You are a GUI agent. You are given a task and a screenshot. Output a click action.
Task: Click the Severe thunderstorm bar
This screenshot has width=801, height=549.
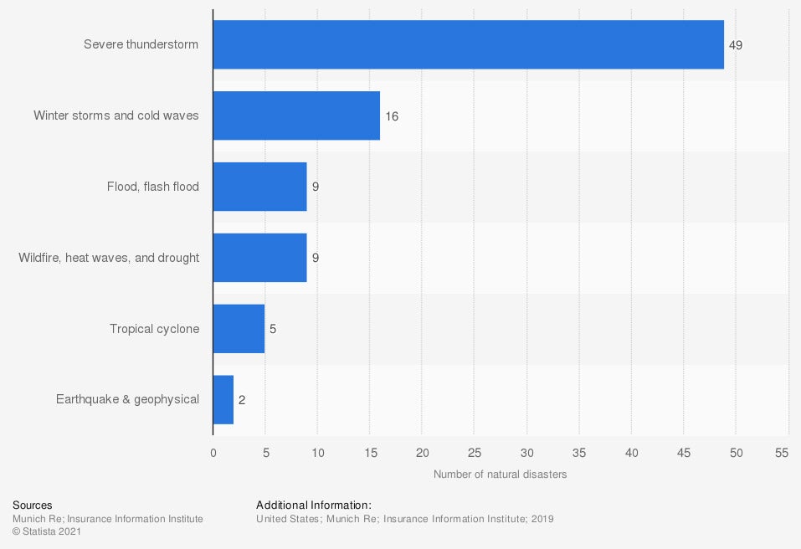click(468, 44)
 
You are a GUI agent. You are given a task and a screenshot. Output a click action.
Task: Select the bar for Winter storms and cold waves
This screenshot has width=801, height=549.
click(296, 115)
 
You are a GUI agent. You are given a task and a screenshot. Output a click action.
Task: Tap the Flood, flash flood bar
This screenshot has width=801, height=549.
click(259, 187)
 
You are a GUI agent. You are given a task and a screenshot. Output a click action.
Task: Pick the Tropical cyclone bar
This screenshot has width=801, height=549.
click(239, 329)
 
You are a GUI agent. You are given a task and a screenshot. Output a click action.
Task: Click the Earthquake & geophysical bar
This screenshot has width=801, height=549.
click(223, 399)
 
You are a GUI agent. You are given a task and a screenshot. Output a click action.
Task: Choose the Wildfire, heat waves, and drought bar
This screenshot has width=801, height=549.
click(259, 258)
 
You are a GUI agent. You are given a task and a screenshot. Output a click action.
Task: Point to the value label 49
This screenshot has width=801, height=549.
click(736, 45)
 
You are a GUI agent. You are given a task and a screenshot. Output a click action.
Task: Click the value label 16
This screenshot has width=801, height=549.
click(392, 116)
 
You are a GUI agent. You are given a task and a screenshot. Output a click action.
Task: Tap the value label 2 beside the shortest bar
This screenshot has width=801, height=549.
click(242, 400)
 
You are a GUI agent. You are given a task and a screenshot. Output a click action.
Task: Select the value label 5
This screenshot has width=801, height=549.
click(273, 329)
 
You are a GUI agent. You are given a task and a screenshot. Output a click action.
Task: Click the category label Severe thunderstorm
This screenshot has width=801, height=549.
click(141, 44)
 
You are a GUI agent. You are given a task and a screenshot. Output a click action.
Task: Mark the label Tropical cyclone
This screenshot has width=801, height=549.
click(155, 329)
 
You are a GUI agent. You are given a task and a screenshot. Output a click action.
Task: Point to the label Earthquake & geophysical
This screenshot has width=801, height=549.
click(128, 399)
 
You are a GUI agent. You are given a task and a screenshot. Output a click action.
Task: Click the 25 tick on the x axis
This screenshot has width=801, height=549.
click(475, 453)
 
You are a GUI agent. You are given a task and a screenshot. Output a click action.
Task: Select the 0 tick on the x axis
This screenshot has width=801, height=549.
click(213, 453)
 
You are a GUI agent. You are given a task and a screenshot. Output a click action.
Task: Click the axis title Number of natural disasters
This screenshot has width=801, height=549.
click(500, 475)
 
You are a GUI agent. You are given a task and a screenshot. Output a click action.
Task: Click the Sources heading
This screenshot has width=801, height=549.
click(33, 505)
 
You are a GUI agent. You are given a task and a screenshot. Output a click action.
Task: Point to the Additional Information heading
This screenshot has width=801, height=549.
click(314, 505)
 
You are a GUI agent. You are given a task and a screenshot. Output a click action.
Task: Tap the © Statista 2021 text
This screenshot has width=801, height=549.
click(47, 531)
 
